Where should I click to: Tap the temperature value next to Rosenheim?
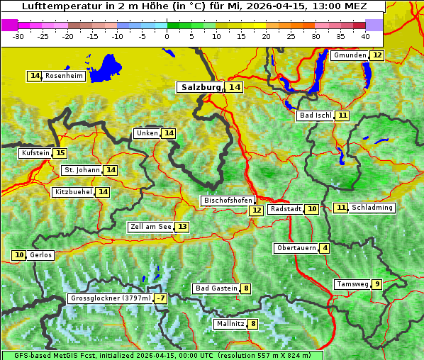[35, 76]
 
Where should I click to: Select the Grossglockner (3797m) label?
[111, 298]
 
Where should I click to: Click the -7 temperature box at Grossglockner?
[162, 298]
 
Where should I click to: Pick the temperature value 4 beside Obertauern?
[325, 248]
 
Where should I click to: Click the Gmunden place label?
[350, 55]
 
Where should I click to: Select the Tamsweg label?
[352, 284]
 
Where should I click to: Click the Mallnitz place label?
[230, 324]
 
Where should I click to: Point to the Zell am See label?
[150, 227]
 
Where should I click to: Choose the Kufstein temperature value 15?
[60, 153]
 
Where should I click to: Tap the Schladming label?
[372, 208]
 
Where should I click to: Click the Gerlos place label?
[40, 255]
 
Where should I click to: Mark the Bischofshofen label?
[228, 201]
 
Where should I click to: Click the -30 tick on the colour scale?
[18, 35]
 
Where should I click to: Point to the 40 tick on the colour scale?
[365, 35]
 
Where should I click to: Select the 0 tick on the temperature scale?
[167, 35]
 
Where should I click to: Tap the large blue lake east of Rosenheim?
[107, 68]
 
